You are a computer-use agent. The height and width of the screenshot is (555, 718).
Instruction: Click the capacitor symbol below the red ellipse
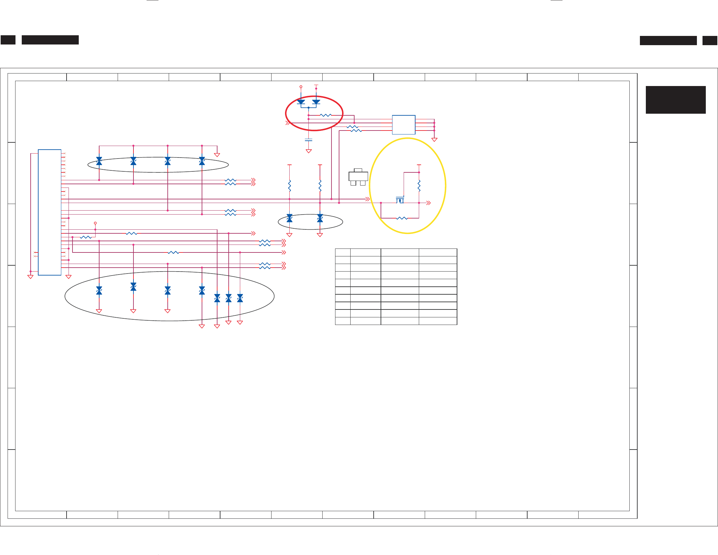308,140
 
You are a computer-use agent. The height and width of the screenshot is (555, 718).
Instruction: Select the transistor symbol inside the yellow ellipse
400,200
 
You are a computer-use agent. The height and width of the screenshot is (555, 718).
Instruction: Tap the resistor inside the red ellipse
326,115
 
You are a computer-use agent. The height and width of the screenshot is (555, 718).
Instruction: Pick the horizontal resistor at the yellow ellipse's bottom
402,218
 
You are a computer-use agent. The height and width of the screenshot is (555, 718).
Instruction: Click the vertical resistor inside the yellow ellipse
419,186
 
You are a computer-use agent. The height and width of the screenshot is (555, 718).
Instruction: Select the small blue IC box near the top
403,125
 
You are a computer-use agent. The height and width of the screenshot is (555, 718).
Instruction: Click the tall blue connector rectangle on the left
49,212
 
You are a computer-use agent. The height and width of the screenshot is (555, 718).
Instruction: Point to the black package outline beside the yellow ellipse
358,177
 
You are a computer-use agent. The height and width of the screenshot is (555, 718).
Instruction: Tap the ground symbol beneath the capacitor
308,151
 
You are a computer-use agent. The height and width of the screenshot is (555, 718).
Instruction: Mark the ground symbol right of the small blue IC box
434,140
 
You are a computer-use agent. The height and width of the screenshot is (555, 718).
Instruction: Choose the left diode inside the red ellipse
301,102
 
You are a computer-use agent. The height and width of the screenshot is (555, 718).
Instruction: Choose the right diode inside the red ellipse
316,102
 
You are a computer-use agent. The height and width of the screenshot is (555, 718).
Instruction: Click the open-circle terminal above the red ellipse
301,87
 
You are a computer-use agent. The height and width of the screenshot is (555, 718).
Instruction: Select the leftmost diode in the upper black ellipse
99,161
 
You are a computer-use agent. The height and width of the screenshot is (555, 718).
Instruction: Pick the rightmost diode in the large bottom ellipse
240,298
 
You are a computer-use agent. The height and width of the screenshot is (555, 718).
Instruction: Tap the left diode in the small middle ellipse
289,218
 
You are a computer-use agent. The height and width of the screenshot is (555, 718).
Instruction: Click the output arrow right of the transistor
428,203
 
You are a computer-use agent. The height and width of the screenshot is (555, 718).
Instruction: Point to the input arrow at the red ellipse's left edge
288,123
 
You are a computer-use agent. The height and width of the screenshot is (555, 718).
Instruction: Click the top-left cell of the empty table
343,252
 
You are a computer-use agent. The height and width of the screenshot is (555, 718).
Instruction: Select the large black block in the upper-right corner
675,100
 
